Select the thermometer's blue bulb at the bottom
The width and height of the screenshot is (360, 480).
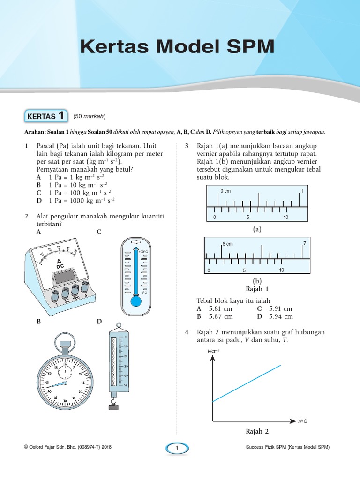(x=136, y=300)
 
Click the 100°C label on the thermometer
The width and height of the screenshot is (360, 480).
(x=143, y=252)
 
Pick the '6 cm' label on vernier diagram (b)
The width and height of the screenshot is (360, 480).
(x=227, y=244)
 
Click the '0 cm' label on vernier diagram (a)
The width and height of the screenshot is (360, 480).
(x=225, y=191)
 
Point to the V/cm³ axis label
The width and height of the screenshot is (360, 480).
(x=214, y=351)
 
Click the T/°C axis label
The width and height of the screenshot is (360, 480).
(x=302, y=421)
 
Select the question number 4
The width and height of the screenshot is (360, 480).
(x=187, y=332)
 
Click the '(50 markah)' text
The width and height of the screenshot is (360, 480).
(x=89, y=116)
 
